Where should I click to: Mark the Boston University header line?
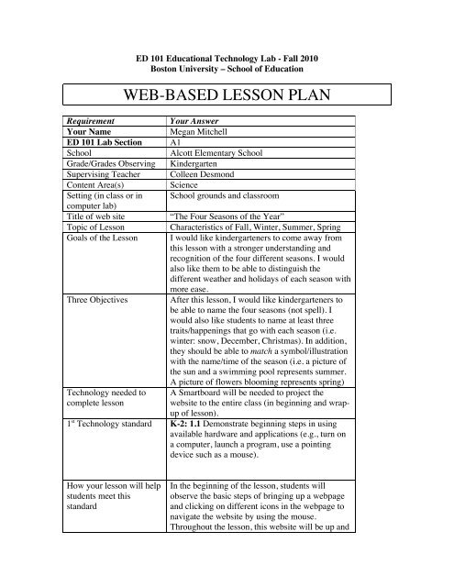(x=227, y=68)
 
